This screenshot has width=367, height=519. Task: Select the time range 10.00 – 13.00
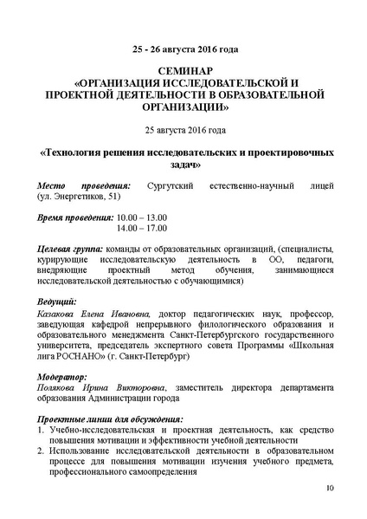click(x=142, y=217)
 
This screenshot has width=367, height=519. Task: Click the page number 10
click(x=329, y=489)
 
